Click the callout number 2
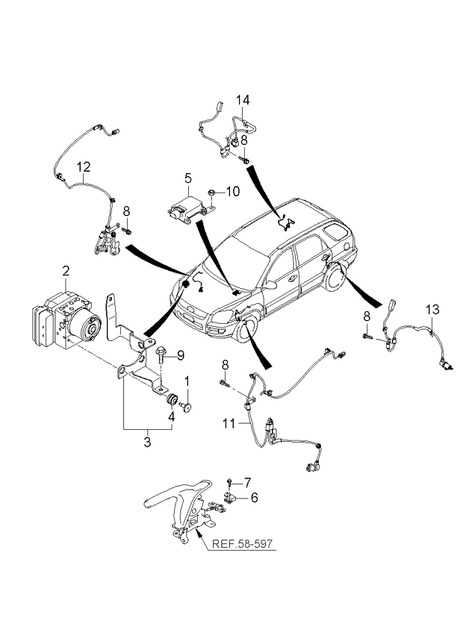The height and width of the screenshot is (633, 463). (x=66, y=271)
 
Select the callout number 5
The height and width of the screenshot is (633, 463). (x=188, y=178)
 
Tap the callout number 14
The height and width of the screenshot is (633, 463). (x=243, y=100)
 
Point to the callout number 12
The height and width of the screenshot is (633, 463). (x=84, y=166)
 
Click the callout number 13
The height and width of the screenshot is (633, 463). (x=432, y=310)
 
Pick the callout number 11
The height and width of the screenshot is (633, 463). (x=229, y=423)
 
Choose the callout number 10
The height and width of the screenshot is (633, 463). (x=232, y=191)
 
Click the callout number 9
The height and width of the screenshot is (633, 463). (x=180, y=355)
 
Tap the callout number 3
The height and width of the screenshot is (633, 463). (x=147, y=442)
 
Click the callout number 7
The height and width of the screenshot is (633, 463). (x=247, y=482)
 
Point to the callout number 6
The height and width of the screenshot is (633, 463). (x=254, y=497)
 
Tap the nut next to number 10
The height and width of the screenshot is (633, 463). (x=211, y=193)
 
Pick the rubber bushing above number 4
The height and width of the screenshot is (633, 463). (x=172, y=399)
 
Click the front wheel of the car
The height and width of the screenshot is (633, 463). (x=247, y=330)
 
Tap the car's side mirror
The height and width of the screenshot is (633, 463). (x=270, y=285)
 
